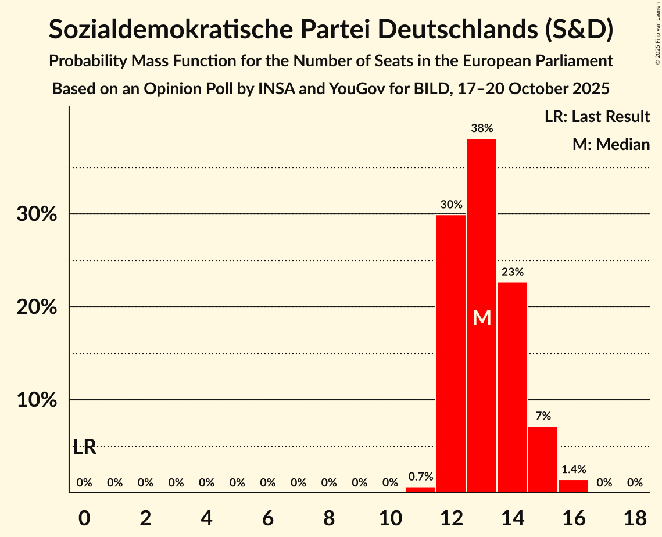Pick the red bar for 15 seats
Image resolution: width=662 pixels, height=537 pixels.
pos(543,459)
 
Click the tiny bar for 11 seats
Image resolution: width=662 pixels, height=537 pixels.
pos(420,490)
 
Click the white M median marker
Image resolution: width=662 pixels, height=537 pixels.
pos(482,317)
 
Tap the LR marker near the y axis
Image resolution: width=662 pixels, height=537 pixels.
pos(85,447)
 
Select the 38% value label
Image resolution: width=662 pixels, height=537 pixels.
pos(482,128)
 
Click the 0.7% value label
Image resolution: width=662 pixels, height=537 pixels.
pos(420,477)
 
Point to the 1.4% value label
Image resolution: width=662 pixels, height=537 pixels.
pos(574,469)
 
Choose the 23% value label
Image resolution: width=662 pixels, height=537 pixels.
pos(512,272)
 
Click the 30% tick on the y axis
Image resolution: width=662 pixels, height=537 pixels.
pos(37,214)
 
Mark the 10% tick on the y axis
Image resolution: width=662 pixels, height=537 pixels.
pos(37,400)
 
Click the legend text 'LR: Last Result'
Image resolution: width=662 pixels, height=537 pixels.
pos(597,117)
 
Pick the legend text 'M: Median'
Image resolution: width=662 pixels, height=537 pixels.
pos(611,144)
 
